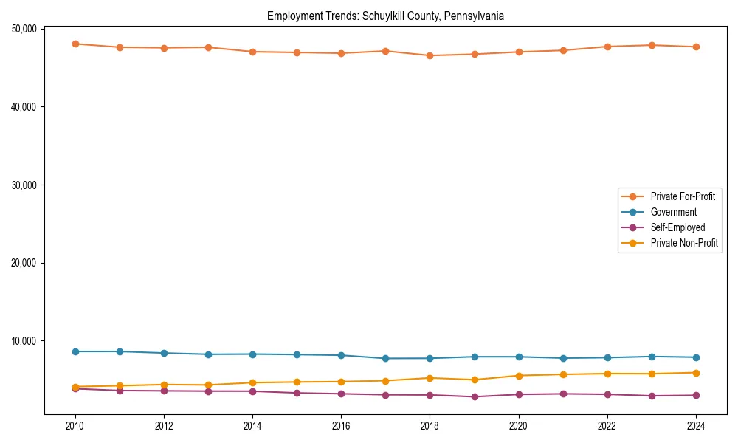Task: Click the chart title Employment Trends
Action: pyautogui.click(x=385, y=16)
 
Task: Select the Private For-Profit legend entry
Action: pyautogui.click(x=683, y=196)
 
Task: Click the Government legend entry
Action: pyautogui.click(x=673, y=212)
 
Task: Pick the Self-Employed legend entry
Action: pyautogui.click(x=677, y=227)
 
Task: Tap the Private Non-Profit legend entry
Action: pyautogui.click(x=684, y=243)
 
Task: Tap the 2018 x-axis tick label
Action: pyautogui.click(x=430, y=426)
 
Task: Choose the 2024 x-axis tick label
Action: pyautogui.click(x=696, y=426)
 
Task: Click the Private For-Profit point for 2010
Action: pyautogui.click(x=75, y=44)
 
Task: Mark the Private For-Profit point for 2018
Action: pyautogui.click(x=430, y=55)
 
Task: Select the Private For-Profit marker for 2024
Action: pyautogui.click(x=696, y=47)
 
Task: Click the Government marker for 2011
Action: pyautogui.click(x=120, y=351)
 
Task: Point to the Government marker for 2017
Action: pyautogui.click(x=386, y=358)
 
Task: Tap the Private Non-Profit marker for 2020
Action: pyautogui.click(x=519, y=376)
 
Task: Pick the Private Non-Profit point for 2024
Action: pyautogui.click(x=696, y=373)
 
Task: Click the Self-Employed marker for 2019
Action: pyautogui.click(x=475, y=396)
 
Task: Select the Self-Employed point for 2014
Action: pyautogui.click(x=252, y=391)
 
